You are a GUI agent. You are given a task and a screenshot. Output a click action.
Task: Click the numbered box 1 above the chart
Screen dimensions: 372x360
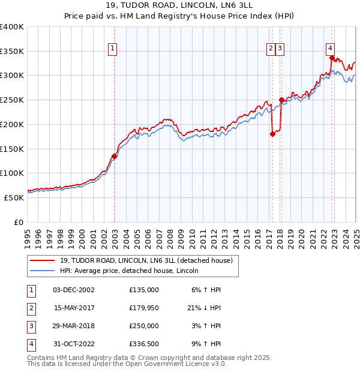pyautogui.click(x=113, y=50)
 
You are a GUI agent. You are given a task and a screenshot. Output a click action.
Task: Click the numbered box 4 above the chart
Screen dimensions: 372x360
pyautogui.click(x=331, y=50)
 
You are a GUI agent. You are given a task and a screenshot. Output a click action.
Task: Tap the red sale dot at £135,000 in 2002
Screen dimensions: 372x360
pyautogui.click(x=114, y=156)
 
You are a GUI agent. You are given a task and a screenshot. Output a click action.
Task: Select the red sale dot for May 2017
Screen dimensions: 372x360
pyautogui.click(x=272, y=134)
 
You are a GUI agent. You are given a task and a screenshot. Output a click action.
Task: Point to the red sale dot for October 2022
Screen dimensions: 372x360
pyautogui.click(x=332, y=58)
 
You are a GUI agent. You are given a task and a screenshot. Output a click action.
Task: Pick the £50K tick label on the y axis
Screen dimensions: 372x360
pyautogui.click(x=14, y=197)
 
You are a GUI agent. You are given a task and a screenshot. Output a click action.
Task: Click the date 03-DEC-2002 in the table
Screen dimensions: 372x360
pyautogui.click(x=74, y=290)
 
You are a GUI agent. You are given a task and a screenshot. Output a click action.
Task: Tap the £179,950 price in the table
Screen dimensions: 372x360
pyautogui.click(x=143, y=308)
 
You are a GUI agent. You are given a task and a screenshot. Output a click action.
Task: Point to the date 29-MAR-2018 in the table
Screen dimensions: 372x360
pyautogui.click(x=74, y=326)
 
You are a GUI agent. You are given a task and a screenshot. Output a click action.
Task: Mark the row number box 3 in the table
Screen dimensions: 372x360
pyautogui.click(x=31, y=326)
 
